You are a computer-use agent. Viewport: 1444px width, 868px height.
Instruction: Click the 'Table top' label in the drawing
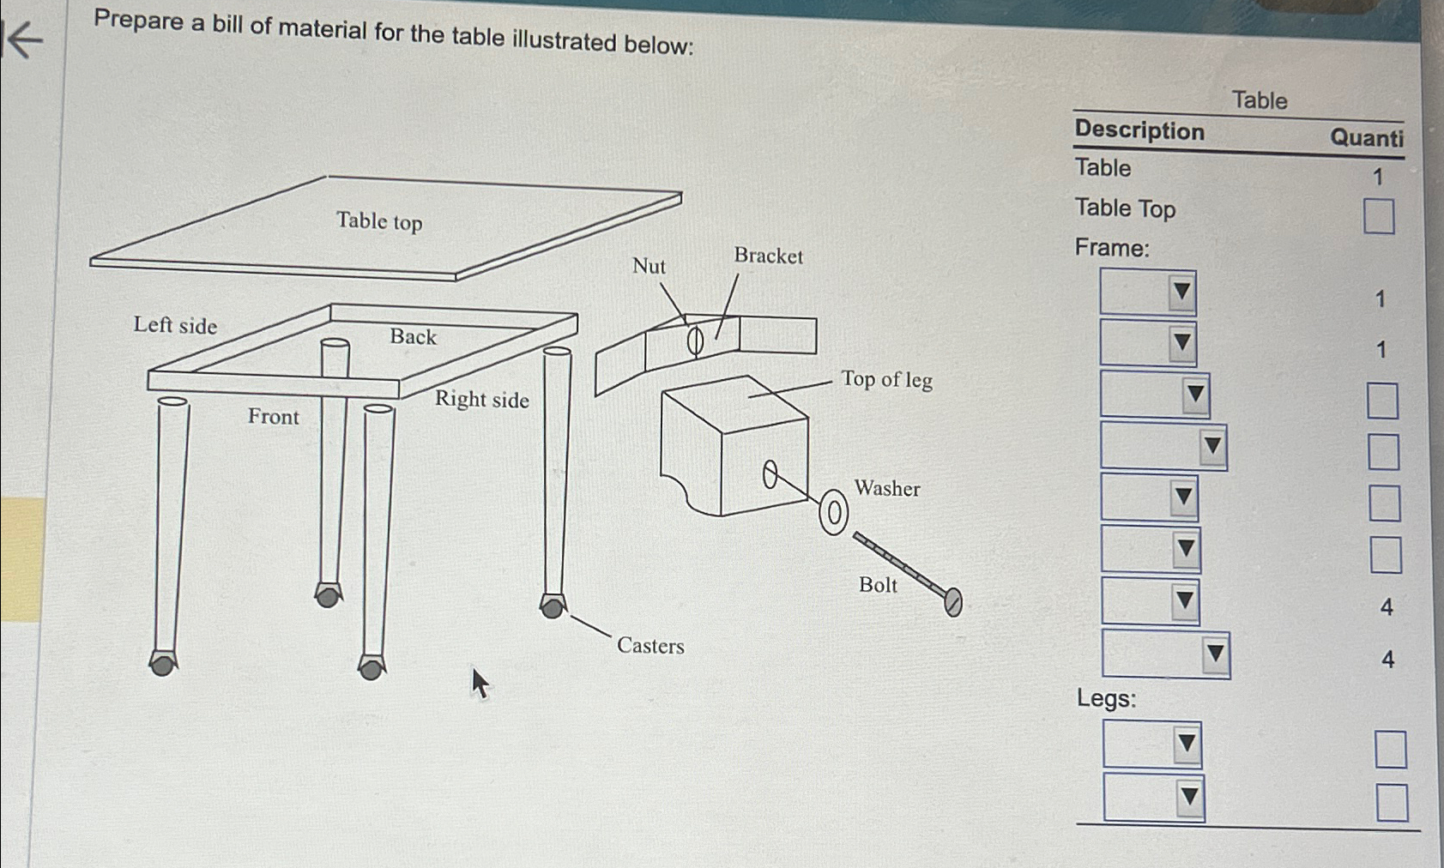click(379, 221)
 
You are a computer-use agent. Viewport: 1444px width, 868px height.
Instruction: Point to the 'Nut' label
click(649, 266)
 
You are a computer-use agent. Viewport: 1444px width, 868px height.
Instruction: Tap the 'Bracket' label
click(768, 256)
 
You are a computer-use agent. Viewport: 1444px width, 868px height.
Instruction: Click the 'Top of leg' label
click(886, 379)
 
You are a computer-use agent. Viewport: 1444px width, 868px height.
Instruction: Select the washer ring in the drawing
click(833, 514)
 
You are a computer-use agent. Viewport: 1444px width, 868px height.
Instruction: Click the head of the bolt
click(953, 602)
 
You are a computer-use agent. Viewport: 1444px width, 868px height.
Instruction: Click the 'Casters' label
click(650, 646)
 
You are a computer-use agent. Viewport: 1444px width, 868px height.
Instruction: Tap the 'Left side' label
click(175, 325)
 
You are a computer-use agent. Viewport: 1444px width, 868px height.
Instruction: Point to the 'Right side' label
click(481, 399)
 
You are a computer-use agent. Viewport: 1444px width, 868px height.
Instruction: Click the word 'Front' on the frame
click(274, 417)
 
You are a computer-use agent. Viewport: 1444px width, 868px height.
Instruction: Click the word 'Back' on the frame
click(413, 336)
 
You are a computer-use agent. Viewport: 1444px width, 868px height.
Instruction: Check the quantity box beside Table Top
click(1378, 216)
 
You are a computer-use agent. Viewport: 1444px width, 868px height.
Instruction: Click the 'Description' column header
click(1139, 130)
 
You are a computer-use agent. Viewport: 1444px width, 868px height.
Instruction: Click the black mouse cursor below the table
click(479, 684)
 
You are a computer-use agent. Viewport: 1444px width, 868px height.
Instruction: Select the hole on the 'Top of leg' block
click(770, 474)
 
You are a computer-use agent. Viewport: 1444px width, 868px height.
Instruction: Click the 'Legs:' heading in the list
click(1106, 698)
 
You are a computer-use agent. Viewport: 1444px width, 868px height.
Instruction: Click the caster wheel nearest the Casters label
click(553, 607)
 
